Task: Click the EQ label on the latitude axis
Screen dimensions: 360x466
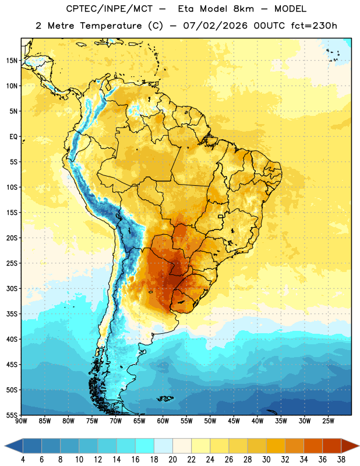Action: (x=13, y=137)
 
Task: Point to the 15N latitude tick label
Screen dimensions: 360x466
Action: (x=12, y=61)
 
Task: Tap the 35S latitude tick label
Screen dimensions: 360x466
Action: (x=12, y=314)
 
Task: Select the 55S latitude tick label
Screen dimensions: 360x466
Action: (x=12, y=415)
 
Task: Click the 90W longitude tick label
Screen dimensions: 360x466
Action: (x=22, y=421)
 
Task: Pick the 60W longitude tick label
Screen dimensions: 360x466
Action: (x=163, y=421)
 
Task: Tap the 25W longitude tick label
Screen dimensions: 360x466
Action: (x=328, y=421)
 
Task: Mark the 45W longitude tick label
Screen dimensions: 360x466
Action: (x=234, y=421)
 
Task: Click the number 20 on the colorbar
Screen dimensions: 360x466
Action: (x=172, y=460)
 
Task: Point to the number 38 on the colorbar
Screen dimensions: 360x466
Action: (x=341, y=460)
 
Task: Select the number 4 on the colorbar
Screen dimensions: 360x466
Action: (x=23, y=460)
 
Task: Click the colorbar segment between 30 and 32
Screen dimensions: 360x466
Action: (x=276, y=446)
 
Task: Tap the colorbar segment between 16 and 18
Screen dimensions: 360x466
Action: (x=144, y=446)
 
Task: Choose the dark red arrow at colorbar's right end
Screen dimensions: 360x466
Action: (x=350, y=446)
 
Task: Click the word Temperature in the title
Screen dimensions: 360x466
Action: (x=111, y=26)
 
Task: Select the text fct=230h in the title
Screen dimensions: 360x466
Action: (x=314, y=26)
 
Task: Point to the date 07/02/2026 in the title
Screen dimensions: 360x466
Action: (x=215, y=26)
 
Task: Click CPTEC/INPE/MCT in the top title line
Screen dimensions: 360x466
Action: (x=110, y=9)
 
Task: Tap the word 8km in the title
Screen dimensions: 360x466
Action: (x=243, y=9)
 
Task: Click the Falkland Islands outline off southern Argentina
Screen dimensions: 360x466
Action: (x=165, y=398)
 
